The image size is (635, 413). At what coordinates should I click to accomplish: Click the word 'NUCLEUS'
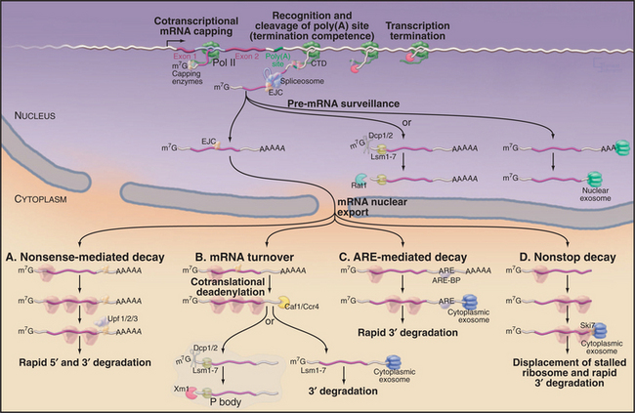[32, 114]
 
